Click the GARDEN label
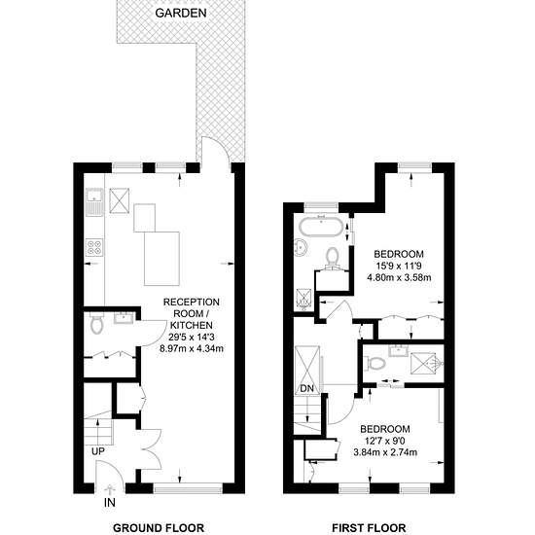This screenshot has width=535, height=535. (x=181, y=13)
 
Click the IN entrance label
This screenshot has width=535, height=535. (x=110, y=502)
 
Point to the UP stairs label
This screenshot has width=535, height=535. (x=98, y=451)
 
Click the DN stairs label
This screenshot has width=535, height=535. (x=307, y=388)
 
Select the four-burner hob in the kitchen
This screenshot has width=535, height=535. (x=95, y=247)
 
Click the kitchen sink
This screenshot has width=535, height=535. (x=94, y=201)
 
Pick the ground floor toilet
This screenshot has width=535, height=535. (x=97, y=325)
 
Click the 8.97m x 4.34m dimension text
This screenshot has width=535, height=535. (x=192, y=348)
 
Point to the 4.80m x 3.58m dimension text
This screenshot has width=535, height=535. (x=399, y=277)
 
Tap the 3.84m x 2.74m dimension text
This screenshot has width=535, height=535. (x=385, y=452)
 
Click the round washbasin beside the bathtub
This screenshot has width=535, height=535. (x=302, y=247)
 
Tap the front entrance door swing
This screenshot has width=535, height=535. (x=110, y=472)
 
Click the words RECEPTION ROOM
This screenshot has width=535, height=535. (x=192, y=307)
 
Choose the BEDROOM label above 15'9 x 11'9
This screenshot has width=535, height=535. (x=399, y=254)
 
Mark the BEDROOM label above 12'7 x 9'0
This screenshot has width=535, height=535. (x=385, y=429)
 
